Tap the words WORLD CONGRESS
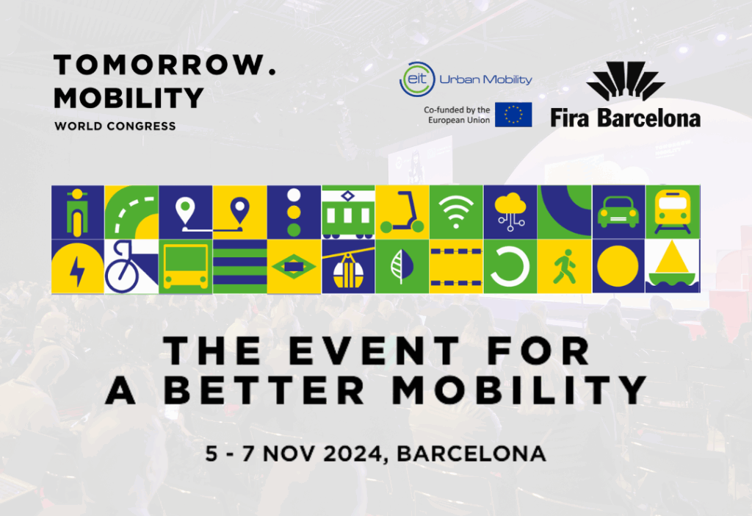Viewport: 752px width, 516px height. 115,126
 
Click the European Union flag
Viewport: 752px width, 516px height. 513,115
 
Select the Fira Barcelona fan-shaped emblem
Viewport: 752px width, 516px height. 626,81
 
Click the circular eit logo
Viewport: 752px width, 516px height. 417,79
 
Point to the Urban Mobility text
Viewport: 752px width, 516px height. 486,79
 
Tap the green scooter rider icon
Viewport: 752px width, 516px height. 77,212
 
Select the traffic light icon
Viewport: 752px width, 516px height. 294,212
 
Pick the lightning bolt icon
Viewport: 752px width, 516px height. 77,271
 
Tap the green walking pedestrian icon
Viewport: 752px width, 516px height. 564,266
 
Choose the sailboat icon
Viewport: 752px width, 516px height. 672,266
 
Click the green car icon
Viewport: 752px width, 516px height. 618,212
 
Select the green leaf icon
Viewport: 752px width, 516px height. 402,266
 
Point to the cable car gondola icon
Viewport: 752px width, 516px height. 347,271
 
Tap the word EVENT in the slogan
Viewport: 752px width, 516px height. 375,351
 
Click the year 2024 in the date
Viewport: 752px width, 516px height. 352,454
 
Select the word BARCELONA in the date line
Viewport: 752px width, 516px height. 471,454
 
